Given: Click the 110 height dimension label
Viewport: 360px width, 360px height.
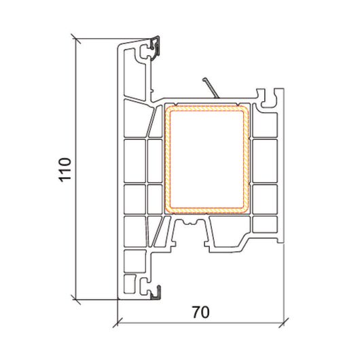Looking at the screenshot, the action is [65, 170].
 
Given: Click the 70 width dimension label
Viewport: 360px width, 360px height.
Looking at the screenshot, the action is [200, 312].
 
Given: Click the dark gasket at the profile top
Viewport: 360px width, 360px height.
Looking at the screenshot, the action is [156, 48].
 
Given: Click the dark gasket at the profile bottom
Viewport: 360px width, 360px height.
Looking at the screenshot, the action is [157, 293].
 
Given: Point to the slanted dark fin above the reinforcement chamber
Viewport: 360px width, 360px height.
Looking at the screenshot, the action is [211, 88].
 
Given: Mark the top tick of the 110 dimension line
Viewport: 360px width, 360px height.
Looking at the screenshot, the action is [76, 39].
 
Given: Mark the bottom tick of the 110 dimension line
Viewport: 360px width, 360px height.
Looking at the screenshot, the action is [76, 300].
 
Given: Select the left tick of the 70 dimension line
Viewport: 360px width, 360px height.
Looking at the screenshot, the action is [118, 323].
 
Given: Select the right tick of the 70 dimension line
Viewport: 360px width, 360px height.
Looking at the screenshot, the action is [283, 323].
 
